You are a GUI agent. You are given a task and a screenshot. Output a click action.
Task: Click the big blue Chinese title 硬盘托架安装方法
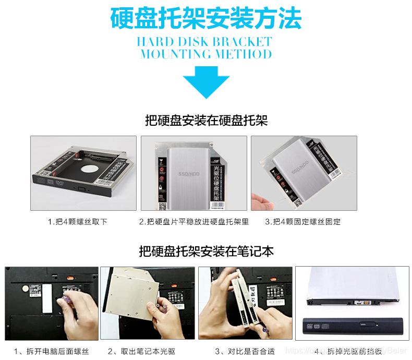pos(206,18)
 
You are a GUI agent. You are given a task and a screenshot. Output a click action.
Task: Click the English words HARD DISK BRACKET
pos(204,42)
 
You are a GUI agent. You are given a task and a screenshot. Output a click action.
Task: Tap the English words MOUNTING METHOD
pos(206,54)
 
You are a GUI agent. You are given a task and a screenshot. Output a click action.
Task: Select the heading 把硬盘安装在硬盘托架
pos(206,121)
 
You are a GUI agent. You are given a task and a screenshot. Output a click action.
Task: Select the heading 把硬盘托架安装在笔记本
pos(206,251)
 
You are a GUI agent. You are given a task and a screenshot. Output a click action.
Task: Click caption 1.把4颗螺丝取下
pos(78,222)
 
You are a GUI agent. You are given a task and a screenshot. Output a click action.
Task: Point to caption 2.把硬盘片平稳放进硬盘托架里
pos(193,222)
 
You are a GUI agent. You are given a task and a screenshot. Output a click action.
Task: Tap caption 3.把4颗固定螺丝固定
pos(303,222)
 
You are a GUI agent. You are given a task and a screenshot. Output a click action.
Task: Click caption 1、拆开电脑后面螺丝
pos(52,351)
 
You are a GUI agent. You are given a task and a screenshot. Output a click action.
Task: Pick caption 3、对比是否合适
pos(245,351)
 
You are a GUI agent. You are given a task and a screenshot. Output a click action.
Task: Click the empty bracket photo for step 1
pos(83,172)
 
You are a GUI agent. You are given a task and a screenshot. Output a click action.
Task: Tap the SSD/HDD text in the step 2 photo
pos(189,173)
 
